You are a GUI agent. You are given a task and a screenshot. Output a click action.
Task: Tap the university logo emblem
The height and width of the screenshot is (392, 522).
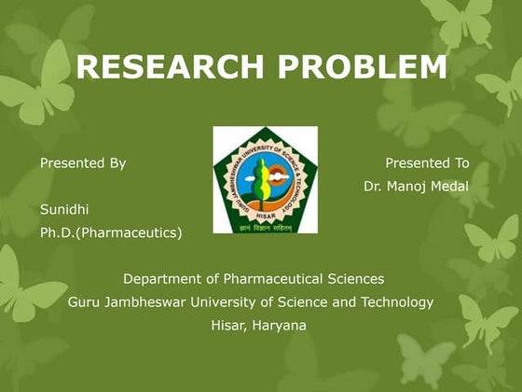point(265,179)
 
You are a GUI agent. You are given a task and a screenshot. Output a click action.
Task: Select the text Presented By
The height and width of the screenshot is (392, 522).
point(83,163)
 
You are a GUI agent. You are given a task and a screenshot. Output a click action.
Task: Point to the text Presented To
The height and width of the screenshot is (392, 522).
point(427,163)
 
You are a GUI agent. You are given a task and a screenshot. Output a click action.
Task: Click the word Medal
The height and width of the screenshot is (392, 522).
point(451,187)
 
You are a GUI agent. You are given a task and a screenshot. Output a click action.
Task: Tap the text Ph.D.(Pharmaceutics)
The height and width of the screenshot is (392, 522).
point(111,232)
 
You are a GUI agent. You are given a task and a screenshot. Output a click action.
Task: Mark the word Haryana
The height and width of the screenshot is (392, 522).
point(279,326)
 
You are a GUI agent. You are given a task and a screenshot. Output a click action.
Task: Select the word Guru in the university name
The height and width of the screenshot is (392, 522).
point(84,302)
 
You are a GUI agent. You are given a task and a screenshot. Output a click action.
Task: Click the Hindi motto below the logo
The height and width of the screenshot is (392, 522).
point(265,226)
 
